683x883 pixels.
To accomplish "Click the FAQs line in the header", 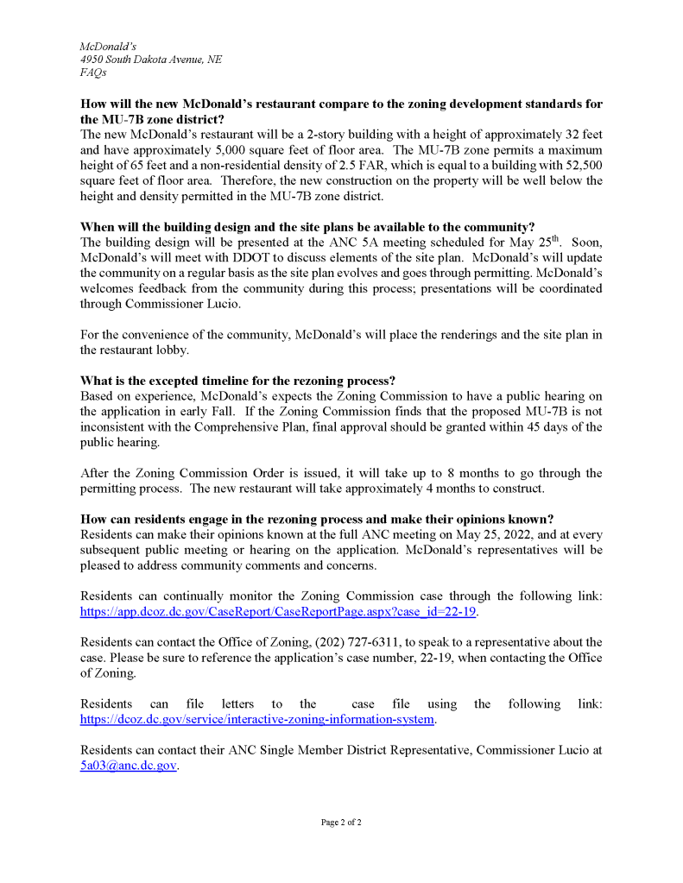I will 93,73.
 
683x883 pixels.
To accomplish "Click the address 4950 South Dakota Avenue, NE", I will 150,59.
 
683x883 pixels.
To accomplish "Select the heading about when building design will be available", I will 307,228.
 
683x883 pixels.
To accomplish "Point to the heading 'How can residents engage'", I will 317,519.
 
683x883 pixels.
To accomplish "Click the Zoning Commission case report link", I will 278,611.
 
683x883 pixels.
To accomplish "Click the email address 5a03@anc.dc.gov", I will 128,765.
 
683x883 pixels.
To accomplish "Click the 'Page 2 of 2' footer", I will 341,823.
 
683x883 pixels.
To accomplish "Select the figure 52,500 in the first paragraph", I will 583,165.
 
